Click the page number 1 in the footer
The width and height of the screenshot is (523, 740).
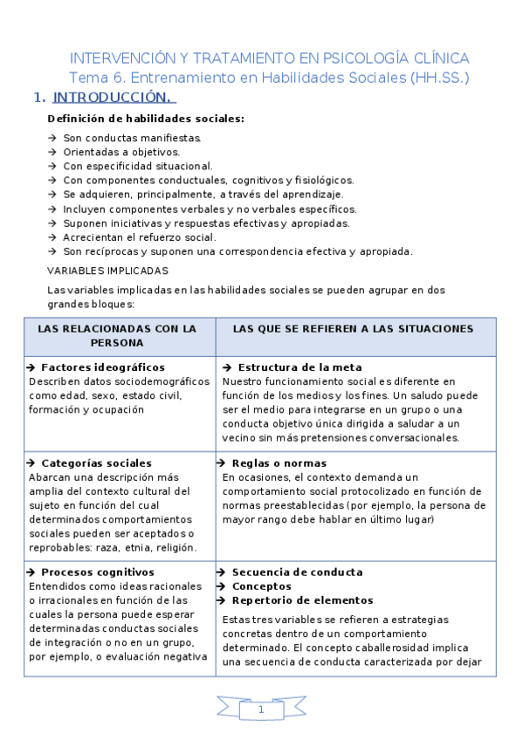point(261,710)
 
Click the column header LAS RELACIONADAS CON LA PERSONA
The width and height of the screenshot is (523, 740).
point(118,336)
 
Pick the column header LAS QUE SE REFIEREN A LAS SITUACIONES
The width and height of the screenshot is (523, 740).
point(354,329)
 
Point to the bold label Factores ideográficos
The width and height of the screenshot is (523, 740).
point(103,367)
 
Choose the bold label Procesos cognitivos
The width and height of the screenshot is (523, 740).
point(98,572)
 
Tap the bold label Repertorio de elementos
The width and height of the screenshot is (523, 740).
point(302,600)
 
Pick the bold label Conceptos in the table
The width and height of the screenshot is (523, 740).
point(262,586)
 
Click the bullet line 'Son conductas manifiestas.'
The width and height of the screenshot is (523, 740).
point(132,138)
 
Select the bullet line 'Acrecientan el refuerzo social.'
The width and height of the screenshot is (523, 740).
point(140,237)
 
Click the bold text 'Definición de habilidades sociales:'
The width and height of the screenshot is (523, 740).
point(146,119)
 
